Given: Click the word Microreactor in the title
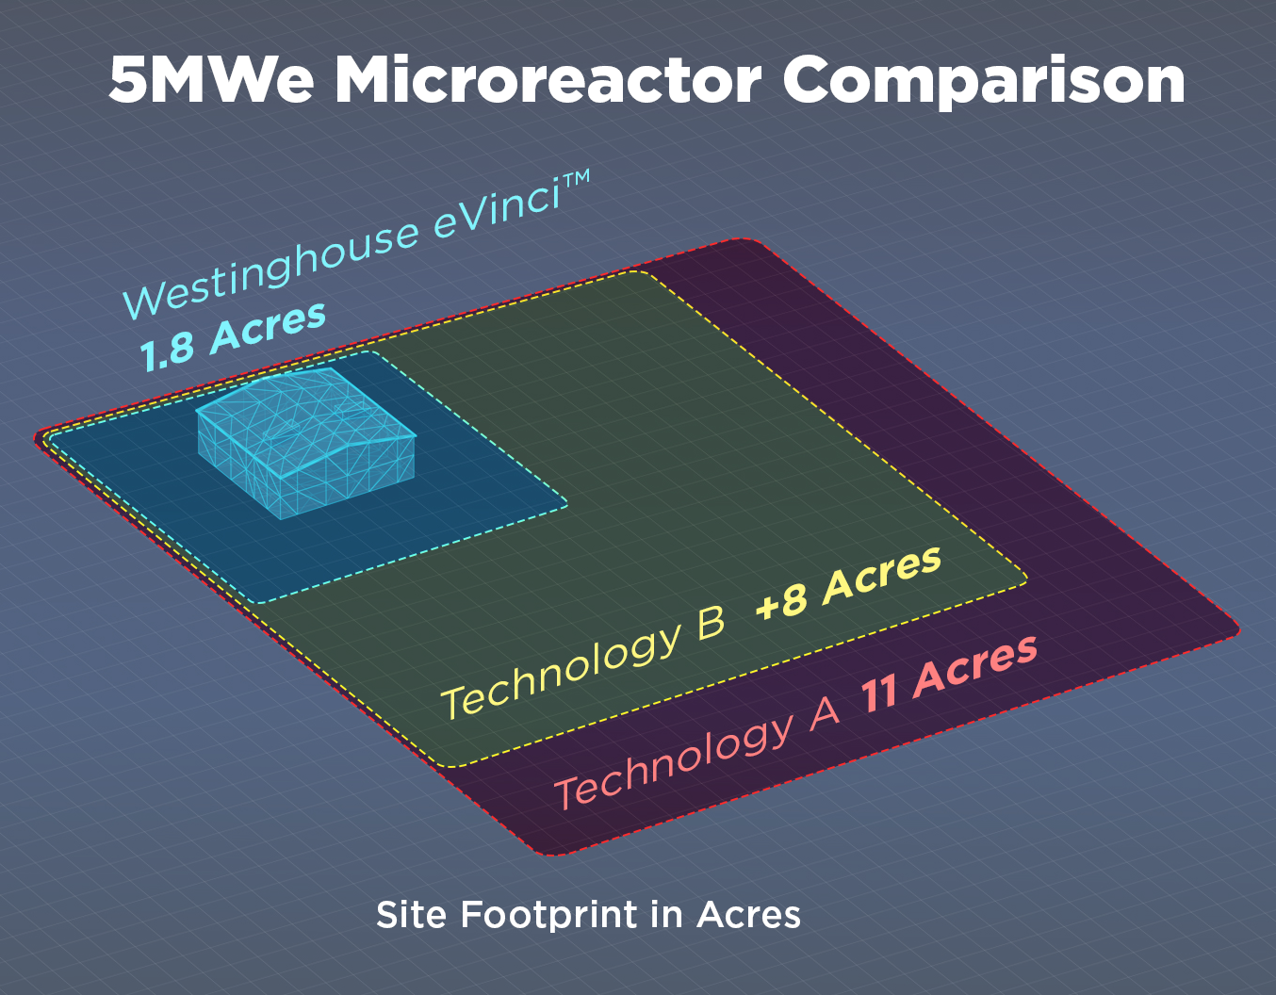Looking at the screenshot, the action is (x=548, y=80).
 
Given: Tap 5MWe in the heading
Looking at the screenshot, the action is (x=211, y=80).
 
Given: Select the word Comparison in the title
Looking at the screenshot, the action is (x=984, y=83).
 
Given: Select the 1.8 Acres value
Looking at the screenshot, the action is (x=233, y=336).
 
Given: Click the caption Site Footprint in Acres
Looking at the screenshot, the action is (x=588, y=915).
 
